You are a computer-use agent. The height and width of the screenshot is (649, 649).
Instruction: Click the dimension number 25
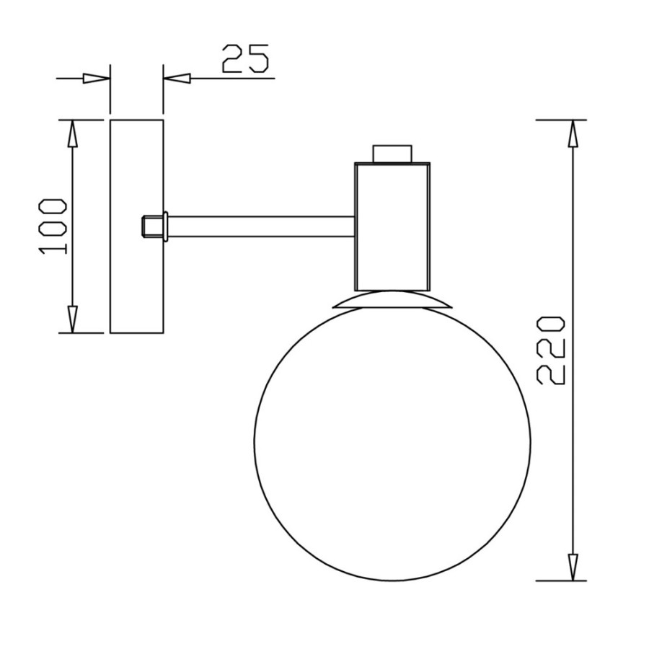click(245, 59)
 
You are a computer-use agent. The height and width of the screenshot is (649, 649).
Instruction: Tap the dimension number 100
click(53, 226)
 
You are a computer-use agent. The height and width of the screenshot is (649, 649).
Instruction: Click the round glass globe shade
click(254, 443)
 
